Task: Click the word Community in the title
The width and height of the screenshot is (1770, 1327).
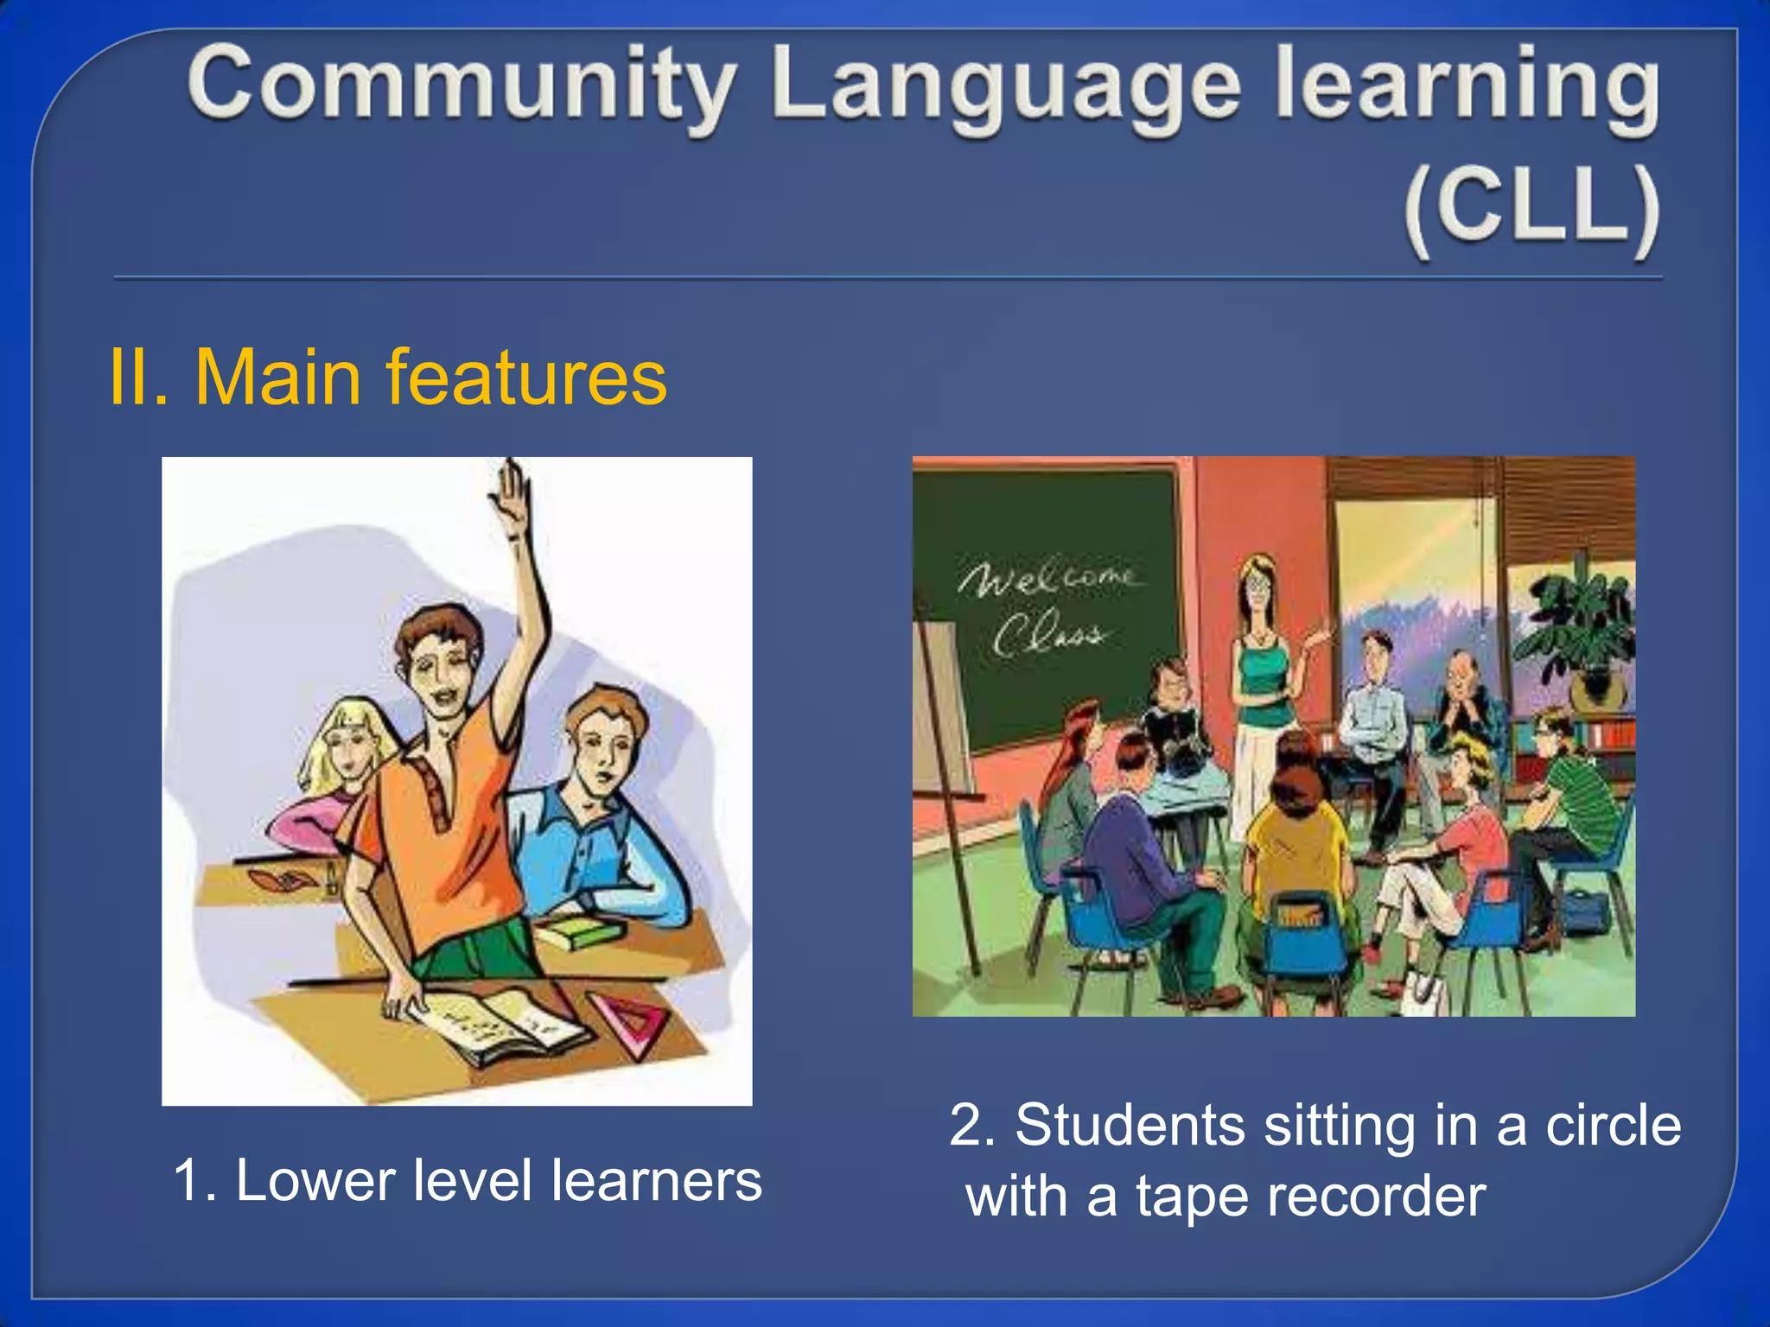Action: (x=462, y=86)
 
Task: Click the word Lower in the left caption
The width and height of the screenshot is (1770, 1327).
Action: (x=315, y=1180)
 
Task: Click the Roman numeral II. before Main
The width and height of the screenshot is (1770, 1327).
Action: (x=138, y=378)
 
